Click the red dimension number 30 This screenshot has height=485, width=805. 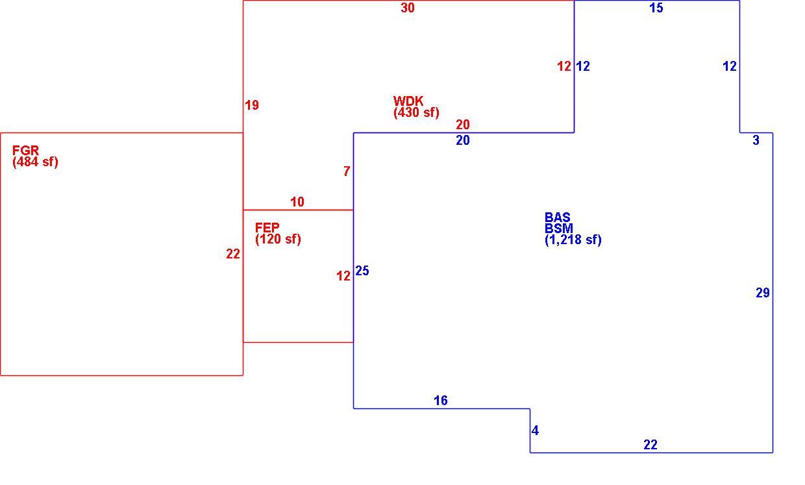pos(408,8)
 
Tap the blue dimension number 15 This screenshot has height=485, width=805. pos(656,8)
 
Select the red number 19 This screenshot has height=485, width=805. pos(252,105)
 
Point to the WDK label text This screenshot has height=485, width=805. pos(408,101)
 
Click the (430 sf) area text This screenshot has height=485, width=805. pos(416,112)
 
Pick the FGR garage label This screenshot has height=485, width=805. pos(25,150)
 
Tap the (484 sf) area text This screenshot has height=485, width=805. pos(35,162)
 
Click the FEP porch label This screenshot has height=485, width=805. pos(267,227)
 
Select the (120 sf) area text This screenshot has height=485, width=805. pos(278,239)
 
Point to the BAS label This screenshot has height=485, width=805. pos(558,217)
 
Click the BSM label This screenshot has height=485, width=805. pos(559,229)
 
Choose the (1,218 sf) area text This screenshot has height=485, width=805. pos(573,240)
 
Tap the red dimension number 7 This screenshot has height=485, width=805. pos(347,171)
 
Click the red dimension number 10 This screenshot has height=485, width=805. pos(297,202)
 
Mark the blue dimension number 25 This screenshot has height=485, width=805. pos(362,271)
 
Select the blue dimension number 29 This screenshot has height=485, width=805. pos(763,293)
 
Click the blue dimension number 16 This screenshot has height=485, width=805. pos(441,401)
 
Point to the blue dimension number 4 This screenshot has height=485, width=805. pos(535,430)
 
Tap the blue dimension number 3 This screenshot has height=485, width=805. pos(756,140)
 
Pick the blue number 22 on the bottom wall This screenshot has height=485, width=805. pos(650,445)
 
